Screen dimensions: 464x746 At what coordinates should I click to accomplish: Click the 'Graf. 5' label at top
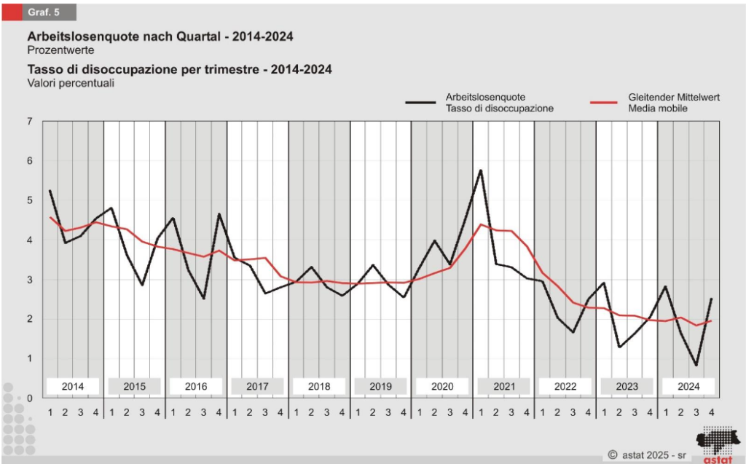[x=43, y=12]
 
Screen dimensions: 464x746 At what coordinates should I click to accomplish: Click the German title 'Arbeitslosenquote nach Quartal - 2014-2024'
[x=160, y=36]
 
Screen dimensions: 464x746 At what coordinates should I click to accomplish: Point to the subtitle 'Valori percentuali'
[x=70, y=83]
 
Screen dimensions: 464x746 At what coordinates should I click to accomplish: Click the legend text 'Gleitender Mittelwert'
[x=674, y=96]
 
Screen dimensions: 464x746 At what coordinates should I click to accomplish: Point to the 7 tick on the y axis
[x=29, y=121]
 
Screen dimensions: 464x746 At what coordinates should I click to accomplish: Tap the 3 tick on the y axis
[x=29, y=279]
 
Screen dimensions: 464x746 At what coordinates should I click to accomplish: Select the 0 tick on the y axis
[x=29, y=398]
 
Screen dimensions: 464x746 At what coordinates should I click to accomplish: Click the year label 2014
[x=73, y=386]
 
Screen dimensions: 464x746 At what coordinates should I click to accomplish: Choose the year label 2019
[x=380, y=386]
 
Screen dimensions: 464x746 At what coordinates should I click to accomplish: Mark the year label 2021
[x=503, y=386]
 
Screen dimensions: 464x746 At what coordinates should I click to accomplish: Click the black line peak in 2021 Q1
[x=481, y=170]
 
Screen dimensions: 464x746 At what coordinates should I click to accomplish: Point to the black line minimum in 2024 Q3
[x=696, y=365]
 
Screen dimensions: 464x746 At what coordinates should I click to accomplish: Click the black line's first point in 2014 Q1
[x=50, y=191]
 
